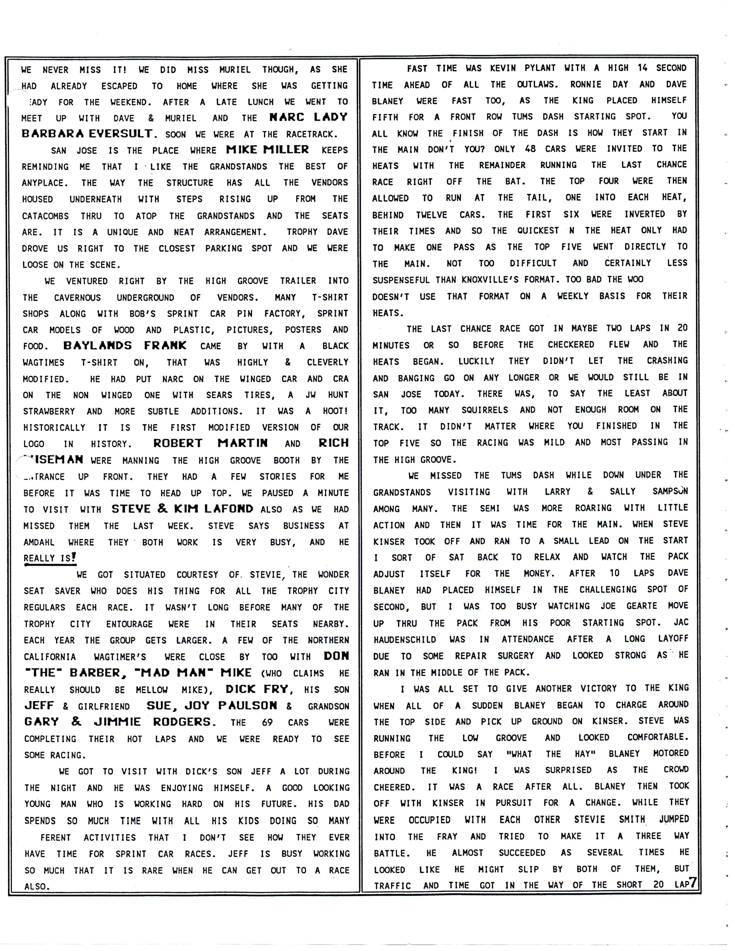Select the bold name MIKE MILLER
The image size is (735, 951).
pyautogui.click(x=267, y=150)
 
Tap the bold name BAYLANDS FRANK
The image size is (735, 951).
pyautogui.click(x=125, y=346)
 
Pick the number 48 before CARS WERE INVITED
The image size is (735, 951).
pyautogui.click(x=530, y=148)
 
